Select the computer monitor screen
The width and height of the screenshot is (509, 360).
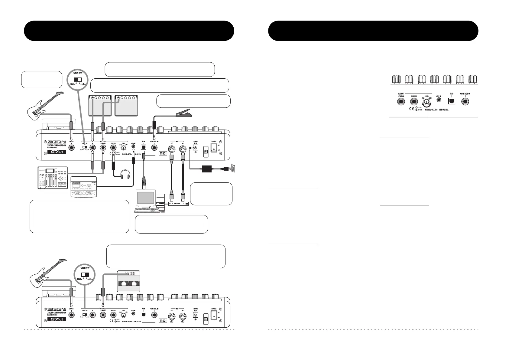[x=146, y=198]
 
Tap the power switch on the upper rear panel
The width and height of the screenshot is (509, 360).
[x=214, y=148]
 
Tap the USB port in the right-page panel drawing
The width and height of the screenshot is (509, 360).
[x=452, y=101]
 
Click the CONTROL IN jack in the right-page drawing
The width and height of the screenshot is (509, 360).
[x=465, y=102]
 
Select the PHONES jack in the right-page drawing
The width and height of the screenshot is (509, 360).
[x=414, y=102]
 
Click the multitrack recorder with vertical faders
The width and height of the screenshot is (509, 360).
[x=53, y=178]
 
